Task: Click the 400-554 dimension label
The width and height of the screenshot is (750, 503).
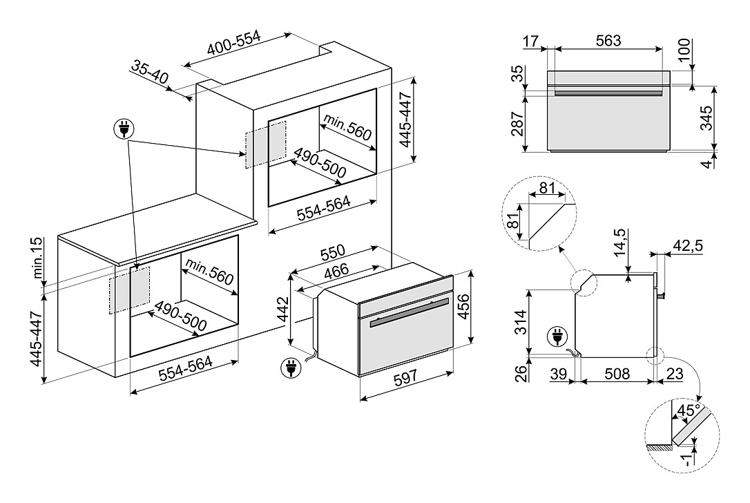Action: pos(234,43)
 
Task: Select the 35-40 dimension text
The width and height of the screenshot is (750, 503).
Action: pos(150,73)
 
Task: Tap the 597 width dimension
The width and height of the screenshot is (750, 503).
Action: pos(405,378)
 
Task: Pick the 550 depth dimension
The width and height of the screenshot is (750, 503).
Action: pos(332,253)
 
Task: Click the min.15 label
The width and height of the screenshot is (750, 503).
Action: pos(38,258)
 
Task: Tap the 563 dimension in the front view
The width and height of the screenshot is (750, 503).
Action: pos(608,41)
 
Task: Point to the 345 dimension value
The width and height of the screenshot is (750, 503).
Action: pos(706,118)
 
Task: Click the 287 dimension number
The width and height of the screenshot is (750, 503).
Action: pos(517,124)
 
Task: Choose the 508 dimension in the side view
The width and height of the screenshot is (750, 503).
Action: pos(617,373)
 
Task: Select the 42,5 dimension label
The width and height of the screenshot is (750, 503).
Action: pos(688,245)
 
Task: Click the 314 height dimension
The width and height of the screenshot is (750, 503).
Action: pos(520,323)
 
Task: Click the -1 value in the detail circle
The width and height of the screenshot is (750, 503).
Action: pos(686,460)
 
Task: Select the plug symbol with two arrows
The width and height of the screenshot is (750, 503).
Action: pos(124,129)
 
